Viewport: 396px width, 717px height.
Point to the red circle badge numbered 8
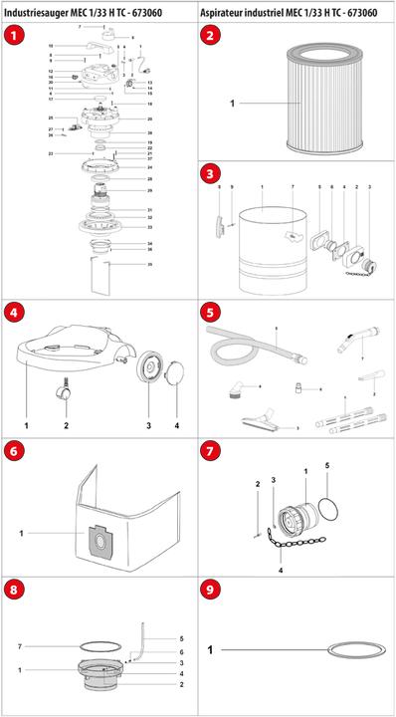pos(14,590)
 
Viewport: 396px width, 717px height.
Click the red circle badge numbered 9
pos(211,590)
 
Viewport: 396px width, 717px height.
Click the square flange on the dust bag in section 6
pos(100,543)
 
